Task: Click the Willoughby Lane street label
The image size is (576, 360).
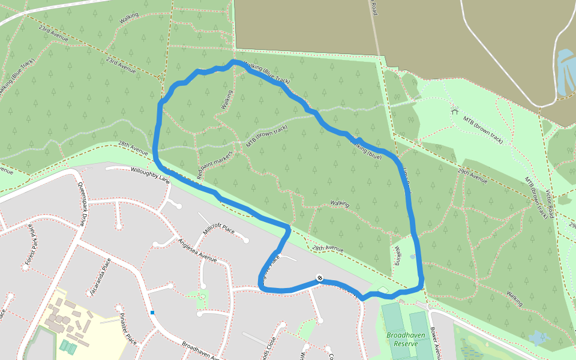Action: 149,175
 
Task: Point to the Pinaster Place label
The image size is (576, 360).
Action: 128,329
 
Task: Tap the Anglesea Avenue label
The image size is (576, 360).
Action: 197,250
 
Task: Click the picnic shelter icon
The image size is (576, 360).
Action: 454,110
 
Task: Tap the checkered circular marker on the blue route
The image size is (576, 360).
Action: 320,278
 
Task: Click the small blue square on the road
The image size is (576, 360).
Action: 152,312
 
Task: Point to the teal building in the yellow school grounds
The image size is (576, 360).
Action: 67,346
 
